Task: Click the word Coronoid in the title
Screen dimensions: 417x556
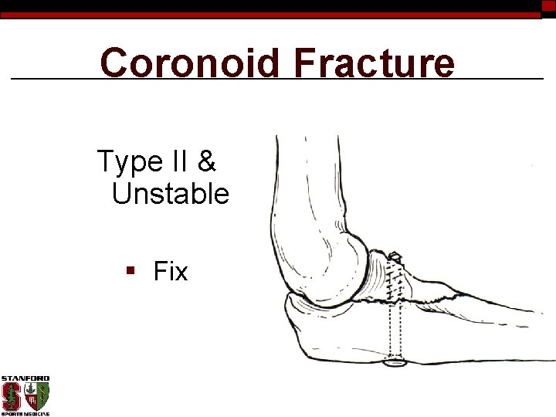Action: pos(190,63)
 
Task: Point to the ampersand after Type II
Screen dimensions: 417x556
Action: pos(207,162)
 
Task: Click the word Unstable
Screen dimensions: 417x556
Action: pos(171,194)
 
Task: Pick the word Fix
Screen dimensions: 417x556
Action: pos(171,272)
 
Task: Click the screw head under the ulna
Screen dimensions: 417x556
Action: pos(395,361)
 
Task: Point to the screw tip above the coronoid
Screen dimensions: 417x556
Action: pos(394,256)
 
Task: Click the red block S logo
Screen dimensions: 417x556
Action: pos(12,396)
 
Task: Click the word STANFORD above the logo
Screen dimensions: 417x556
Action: pos(25,378)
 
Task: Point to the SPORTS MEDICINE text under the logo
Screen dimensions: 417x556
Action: pos(25,414)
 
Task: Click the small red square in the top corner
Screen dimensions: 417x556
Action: pos(548,5)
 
